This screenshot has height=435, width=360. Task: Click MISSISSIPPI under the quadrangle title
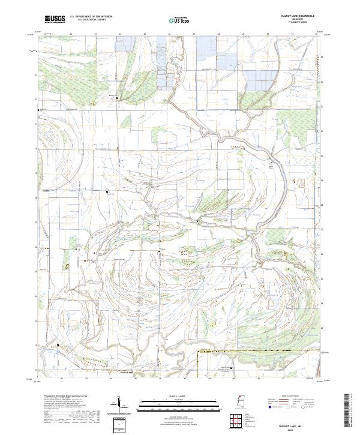coord(296,20)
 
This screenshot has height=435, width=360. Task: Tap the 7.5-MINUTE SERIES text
coord(296,23)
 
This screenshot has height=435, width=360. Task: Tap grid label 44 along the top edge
coord(121,35)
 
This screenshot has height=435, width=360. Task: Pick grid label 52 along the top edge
coord(316,35)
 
